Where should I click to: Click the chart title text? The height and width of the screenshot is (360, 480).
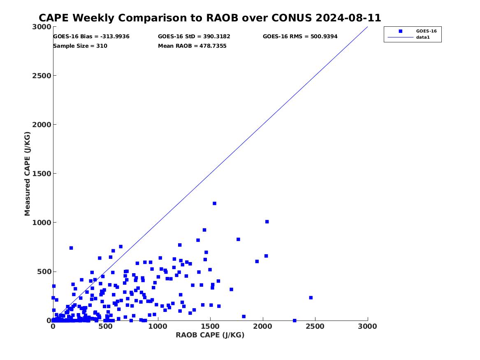[210, 18]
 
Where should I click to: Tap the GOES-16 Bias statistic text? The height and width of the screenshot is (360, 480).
[91, 37]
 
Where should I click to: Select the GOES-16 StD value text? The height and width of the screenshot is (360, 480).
[194, 37]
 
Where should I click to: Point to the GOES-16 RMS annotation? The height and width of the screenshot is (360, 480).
[300, 37]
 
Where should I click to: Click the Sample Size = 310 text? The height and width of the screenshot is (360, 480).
[80, 46]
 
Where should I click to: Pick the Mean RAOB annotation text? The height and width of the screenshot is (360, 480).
[192, 46]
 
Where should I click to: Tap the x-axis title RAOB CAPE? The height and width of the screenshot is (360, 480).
[210, 335]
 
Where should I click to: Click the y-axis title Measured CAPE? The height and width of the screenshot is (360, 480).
[28, 174]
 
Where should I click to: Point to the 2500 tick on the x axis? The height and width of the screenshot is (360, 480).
[315, 326]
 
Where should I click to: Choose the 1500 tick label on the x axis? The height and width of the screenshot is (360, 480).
[210, 326]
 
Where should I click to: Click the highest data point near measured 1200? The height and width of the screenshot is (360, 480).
[214, 203]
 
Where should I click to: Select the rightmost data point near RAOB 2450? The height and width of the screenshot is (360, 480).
[311, 297]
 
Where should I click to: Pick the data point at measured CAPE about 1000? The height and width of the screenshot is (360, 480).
[267, 222]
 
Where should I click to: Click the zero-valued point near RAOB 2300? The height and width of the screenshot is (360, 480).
[294, 320]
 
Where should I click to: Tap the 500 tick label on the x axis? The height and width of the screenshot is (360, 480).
[105, 326]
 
